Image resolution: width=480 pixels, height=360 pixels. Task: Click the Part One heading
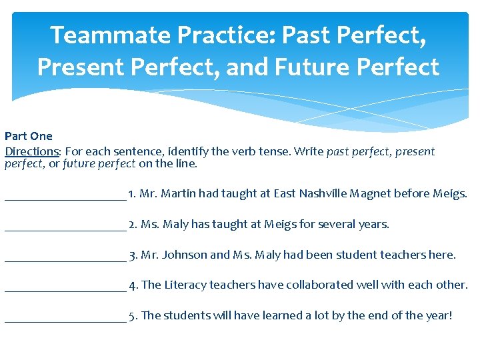click(x=29, y=137)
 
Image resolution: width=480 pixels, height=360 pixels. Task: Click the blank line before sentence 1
click(x=65, y=197)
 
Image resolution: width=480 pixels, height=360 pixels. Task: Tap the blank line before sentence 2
click(x=65, y=227)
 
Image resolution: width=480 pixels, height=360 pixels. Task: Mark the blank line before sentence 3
click(x=65, y=258)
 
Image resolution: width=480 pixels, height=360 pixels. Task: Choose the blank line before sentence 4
click(x=65, y=288)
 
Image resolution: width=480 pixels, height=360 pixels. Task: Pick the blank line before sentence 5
click(x=65, y=319)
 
